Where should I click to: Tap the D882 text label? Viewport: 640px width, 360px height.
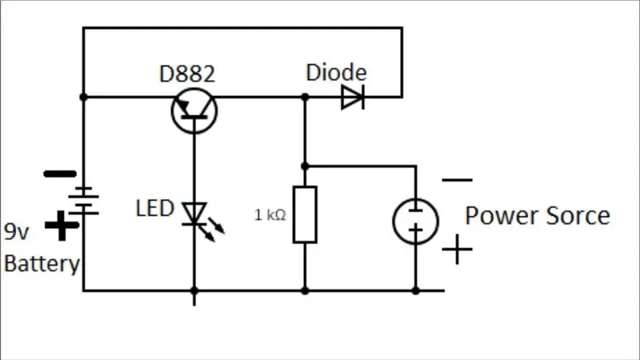pyautogui.click(x=187, y=74)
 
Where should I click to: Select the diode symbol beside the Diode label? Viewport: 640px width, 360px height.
pyautogui.click(x=353, y=97)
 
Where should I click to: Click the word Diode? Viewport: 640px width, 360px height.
pyautogui.click(x=336, y=72)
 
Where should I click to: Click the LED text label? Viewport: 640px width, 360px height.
pyautogui.click(x=154, y=208)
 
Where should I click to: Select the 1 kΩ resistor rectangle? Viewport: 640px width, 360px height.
pyautogui.click(x=305, y=214)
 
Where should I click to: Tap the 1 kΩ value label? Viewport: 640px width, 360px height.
pyautogui.click(x=270, y=214)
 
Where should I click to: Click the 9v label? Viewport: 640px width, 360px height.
pyautogui.click(x=16, y=231)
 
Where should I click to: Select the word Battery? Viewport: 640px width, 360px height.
pyautogui.click(x=42, y=264)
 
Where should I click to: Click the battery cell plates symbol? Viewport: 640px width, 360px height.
pyautogui.click(x=84, y=201)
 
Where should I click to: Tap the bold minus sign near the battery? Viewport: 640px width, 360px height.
pyautogui.click(x=60, y=174)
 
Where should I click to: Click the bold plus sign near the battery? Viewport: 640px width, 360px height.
pyautogui.click(x=62, y=226)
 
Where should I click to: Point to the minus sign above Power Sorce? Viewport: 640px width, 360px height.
pyautogui.click(x=457, y=179)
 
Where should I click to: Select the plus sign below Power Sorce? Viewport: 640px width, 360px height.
pyautogui.click(x=457, y=249)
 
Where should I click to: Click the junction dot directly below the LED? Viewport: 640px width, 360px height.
pyautogui.click(x=194, y=290)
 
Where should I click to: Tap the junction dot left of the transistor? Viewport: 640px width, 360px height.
pyautogui.click(x=84, y=97)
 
